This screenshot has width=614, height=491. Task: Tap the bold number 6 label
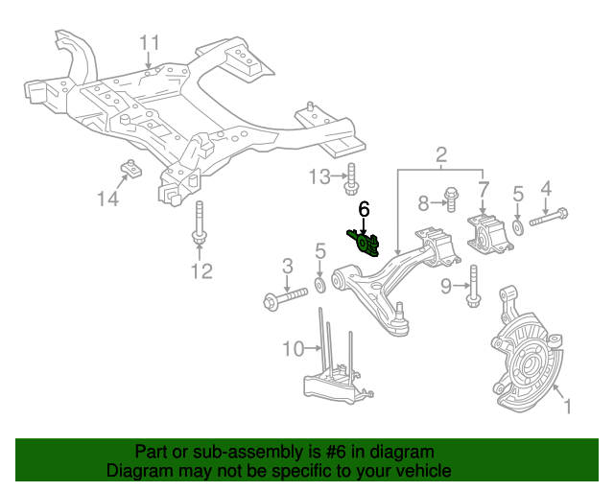click(364, 209)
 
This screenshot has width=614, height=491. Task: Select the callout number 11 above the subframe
click(150, 42)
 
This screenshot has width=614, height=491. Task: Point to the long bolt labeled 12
click(200, 226)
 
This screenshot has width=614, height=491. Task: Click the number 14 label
click(107, 199)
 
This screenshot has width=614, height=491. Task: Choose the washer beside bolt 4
click(518, 227)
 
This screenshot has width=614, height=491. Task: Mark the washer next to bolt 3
click(320, 287)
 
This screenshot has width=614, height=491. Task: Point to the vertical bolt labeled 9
click(473, 288)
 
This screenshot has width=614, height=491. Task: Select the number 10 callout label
click(293, 347)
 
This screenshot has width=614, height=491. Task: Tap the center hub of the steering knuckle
click(522, 365)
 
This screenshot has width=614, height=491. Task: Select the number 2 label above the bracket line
click(441, 154)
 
